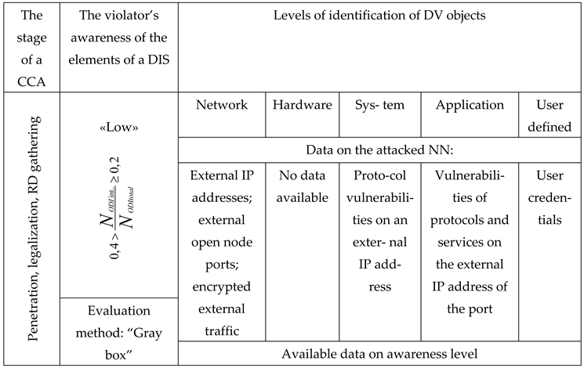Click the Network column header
pyautogui.click(x=222, y=105)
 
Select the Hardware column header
pyautogui.click(x=302, y=105)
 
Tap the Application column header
pyautogui.click(x=470, y=105)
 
